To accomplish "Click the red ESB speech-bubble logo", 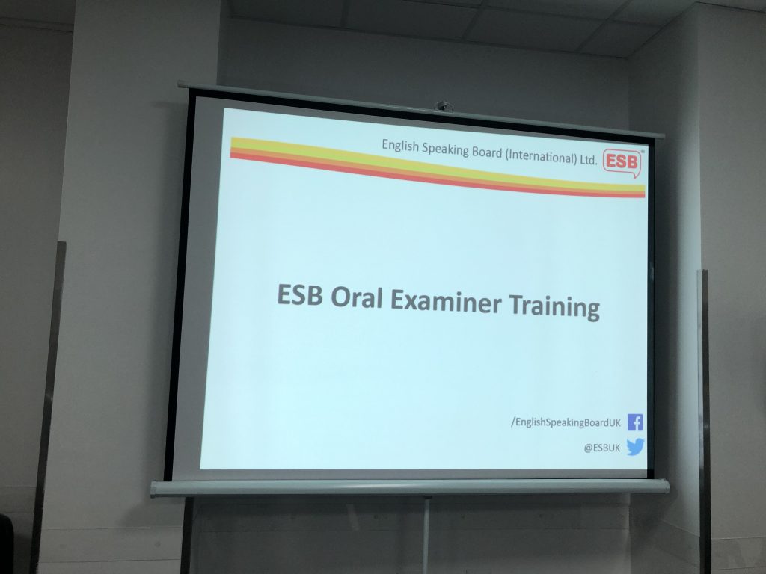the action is (x=622, y=162).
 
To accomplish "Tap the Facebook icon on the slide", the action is (x=634, y=422).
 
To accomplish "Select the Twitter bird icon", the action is (x=635, y=447).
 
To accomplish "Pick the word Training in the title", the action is (x=554, y=306).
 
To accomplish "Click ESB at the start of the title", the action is (x=299, y=294).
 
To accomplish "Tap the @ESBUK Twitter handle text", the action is (x=602, y=448).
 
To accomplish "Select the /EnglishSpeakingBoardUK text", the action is (x=566, y=422).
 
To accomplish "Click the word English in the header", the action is (x=399, y=146).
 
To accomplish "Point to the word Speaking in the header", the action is (x=445, y=149).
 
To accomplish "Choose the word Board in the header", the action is (x=486, y=152).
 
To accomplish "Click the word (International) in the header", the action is (x=541, y=156).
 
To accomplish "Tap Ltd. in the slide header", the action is (x=589, y=159).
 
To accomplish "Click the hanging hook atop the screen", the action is (x=444, y=105).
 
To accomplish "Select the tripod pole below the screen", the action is (x=426, y=535).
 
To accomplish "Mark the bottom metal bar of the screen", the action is (x=410, y=487).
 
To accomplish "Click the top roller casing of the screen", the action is (x=421, y=109).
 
